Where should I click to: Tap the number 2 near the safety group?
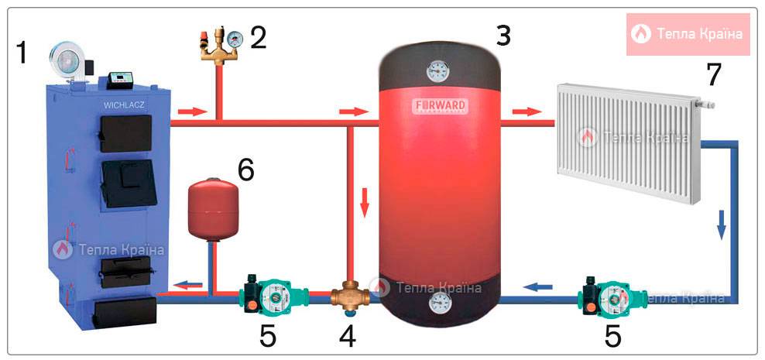click(258, 36)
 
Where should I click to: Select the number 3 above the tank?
click(503, 34)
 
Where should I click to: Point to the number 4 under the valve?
click(348, 335)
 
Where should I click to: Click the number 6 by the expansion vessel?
click(245, 170)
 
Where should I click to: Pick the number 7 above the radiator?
click(713, 74)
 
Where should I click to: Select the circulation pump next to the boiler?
click(267, 295)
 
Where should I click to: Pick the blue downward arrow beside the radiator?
click(722, 226)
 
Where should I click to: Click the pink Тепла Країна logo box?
click(688, 34)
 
